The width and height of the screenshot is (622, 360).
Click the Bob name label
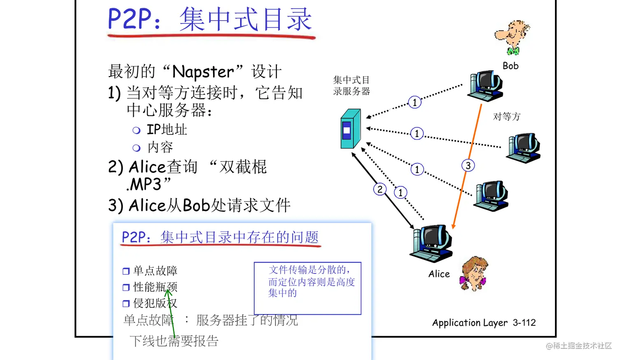point(510,66)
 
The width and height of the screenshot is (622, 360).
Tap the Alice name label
point(439,274)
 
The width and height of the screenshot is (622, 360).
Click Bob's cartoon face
point(512,37)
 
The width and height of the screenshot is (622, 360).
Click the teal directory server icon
point(350,129)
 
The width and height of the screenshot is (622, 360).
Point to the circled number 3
point(468,165)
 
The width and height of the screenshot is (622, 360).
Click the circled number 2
point(380,189)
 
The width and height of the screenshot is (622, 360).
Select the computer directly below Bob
point(485,86)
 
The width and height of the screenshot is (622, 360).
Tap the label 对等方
point(506,117)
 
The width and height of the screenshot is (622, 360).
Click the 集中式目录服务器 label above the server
point(351,86)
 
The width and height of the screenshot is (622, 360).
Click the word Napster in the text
point(203,72)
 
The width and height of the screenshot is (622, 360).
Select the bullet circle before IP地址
point(137,130)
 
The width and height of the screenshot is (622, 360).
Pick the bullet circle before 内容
point(137,148)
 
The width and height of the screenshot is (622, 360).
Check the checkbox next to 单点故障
point(126,271)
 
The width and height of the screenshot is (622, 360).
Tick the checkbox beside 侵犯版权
point(126,304)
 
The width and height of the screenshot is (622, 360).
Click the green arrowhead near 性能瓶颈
point(168,293)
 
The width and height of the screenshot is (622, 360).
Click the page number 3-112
point(524,323)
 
